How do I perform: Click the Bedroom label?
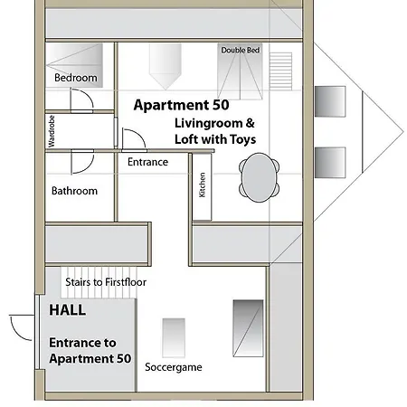(x=75, y=79)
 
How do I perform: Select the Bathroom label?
(x=74, y=191)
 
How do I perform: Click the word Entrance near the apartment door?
(x=147, y=163)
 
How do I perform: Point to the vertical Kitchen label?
(x=203, y=185)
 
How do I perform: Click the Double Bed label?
(x=241, y=51)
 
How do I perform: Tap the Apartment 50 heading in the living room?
(x=177, y=105)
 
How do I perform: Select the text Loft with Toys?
(x=215, y=139)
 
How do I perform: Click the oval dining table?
(x=259, y=175)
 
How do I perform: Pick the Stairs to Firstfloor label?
(x=106, y=282)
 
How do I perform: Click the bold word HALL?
(x=68, y=309)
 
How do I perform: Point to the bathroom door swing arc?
(x=80, y=161)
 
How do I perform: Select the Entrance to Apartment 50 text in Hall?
(x=90, y=351)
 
